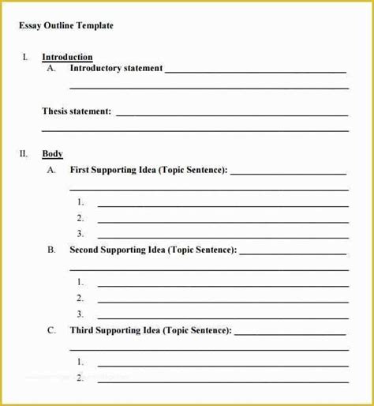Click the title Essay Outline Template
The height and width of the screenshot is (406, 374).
66,26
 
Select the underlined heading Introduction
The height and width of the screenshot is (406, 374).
67,57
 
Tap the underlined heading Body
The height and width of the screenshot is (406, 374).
52,154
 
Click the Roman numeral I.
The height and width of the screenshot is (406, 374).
25,57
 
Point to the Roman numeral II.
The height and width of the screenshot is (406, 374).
24,154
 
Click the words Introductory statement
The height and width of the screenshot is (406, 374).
116,69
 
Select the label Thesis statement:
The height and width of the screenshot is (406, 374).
77,111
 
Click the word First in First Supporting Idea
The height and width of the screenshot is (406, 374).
79,170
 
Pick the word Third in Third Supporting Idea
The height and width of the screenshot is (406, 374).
81,330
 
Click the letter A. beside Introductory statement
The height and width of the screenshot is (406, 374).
51,69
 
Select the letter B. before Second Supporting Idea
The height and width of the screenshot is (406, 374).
51,250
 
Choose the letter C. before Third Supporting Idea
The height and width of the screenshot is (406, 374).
51,330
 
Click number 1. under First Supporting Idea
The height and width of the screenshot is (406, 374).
80,202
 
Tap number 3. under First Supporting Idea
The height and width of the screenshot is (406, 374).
80,233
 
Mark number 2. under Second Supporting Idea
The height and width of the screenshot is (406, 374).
80,298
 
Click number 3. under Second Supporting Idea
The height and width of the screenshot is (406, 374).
80,314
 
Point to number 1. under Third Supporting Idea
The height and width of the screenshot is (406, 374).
80,362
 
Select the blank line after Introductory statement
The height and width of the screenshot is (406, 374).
256,72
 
